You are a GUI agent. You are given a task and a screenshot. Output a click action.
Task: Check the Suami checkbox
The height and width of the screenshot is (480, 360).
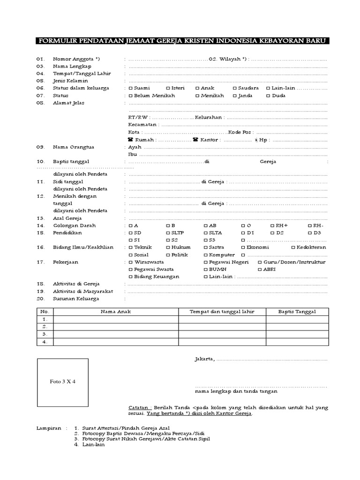pos(130,88)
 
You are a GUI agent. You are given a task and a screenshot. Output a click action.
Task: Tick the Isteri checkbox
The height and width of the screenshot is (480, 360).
pos(168,88)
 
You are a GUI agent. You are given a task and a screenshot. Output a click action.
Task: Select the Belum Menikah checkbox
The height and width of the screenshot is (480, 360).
pos(130,96)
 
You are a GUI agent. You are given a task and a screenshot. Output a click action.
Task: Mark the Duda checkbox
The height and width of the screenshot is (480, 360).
pos(268,96)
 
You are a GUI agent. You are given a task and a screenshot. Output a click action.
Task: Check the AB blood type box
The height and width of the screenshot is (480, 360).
pos(205,225)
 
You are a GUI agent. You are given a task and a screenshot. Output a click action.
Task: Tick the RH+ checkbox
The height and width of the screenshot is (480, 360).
pos(272,225)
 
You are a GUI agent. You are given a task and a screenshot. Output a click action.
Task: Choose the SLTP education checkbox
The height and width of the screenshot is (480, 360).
pos(168,233)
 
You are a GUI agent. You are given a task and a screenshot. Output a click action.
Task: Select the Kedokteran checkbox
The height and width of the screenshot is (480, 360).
pos(293,247)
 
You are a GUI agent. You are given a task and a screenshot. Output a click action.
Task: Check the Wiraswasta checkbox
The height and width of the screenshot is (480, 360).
pos(130,262)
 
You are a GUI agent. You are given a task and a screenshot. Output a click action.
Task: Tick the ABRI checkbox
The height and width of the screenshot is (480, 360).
pos(260,270)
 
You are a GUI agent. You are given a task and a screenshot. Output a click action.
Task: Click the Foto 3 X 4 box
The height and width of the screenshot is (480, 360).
pos(63,382)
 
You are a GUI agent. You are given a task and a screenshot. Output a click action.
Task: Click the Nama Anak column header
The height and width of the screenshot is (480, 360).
pos(116,312)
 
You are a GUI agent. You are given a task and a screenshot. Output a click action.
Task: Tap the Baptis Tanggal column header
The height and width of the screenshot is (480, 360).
pos(297,312)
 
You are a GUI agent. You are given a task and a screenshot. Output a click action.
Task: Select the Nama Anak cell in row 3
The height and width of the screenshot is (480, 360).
pos(116,334)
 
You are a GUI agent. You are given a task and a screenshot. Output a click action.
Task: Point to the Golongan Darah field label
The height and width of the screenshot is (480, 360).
pos(68,225)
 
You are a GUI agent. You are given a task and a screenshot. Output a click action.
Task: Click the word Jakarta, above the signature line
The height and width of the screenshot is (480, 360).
pos(204,360)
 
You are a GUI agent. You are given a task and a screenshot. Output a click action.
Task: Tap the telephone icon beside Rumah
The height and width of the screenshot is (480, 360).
pos(130,140)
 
